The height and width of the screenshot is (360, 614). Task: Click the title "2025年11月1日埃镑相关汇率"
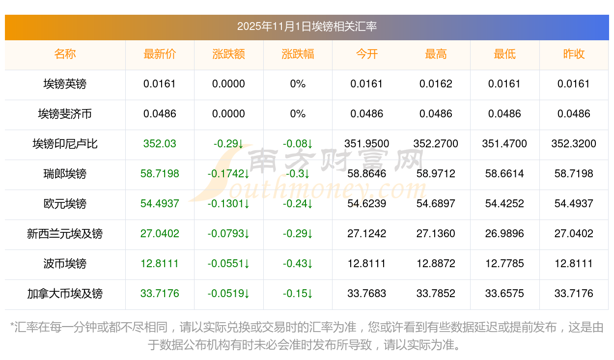[x=307, y=27]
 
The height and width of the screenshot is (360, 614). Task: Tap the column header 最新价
[x=160, y=54]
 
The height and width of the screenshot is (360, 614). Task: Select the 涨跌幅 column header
[x=298, y=54]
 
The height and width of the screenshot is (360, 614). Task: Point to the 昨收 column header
[x=574, y=54]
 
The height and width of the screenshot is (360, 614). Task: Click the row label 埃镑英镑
[x=65, y=84]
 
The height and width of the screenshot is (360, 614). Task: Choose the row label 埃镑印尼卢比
[x=65, y=144]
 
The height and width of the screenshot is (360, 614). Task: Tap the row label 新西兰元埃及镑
[x=65, y=234]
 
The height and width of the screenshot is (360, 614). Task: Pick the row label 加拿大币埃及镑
[x=65, y=294]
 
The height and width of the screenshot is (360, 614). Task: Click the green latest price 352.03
[x=160, y=144]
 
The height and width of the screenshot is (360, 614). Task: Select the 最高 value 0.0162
[x=436, y=84]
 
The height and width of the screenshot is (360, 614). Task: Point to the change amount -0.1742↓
[x=228, y=174]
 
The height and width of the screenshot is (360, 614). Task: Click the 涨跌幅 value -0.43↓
[x=298, y=264]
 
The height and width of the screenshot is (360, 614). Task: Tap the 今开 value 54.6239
[x=366, y=204]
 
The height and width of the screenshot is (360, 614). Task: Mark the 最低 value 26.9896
[x=504, y=234]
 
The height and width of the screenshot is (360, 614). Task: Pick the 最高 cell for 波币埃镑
[x=436, y=264]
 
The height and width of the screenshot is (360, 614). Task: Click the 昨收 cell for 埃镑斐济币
[x=574, y=114]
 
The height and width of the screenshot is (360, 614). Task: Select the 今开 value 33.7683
[x=366, y=294]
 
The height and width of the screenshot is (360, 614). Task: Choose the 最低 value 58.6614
[x=504, y=174]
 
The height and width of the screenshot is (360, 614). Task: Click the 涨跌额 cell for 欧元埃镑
[x=228, y=204]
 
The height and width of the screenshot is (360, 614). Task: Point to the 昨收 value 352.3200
[x=574, y=144]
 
